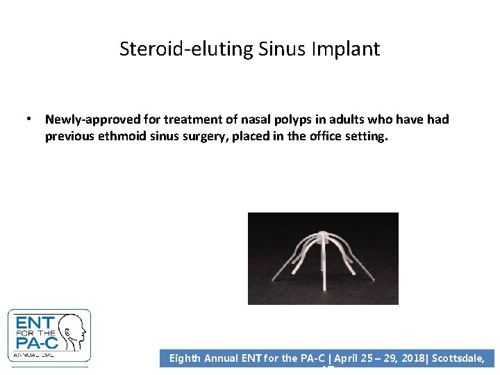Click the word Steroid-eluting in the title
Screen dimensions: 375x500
178,49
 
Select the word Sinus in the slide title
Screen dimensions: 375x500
276,49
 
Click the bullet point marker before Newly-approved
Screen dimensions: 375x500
30,119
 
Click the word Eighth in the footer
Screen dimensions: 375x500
185,359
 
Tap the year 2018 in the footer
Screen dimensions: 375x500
414,359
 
